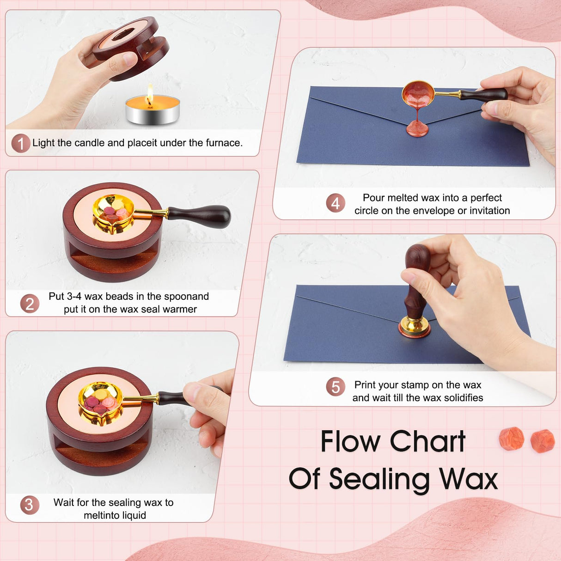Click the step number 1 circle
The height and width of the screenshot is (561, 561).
coord(21,143)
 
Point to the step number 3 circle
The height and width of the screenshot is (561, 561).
coord(29,505)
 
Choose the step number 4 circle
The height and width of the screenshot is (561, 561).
coord(335,203)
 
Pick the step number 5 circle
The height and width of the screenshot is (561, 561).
coord(335,386)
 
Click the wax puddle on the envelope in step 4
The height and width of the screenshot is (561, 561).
coord(417,130)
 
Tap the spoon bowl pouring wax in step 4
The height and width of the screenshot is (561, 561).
coord(418,94)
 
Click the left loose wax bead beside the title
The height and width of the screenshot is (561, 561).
coord(511,439)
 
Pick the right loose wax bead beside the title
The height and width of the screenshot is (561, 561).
coord(542,441)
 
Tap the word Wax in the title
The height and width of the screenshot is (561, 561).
coord(468,479)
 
